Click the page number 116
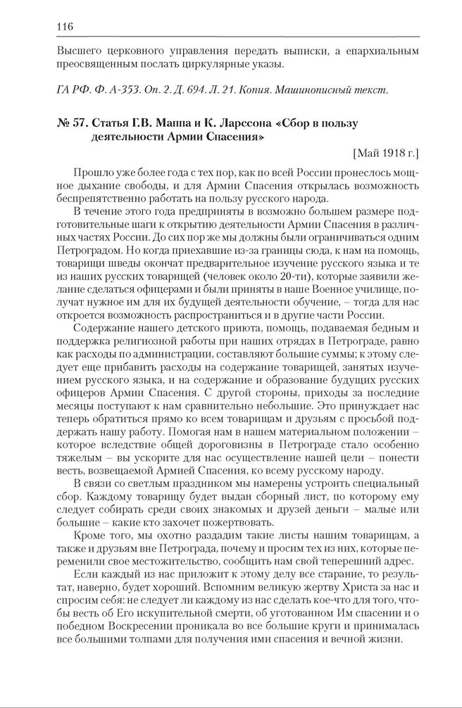point(63,27)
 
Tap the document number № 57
point(69,124)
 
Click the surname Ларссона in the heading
point(241,124)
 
